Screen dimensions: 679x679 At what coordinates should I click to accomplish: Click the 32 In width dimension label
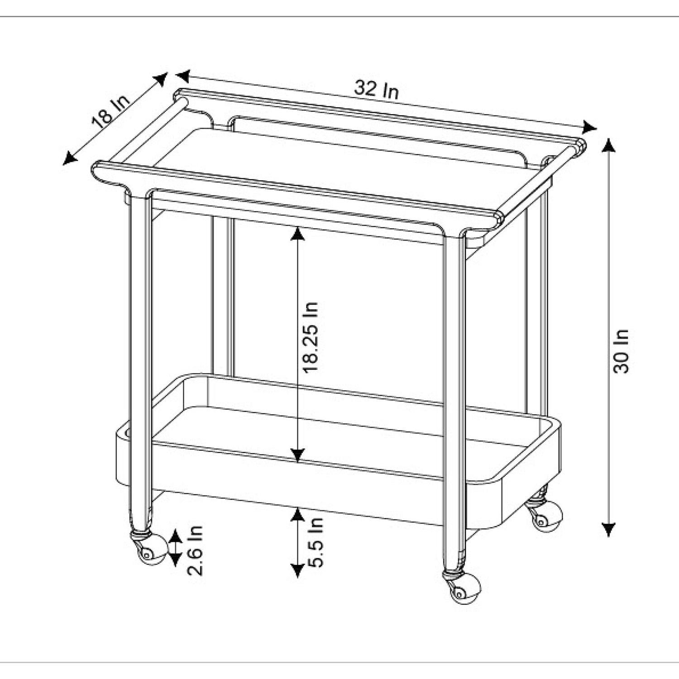[x=376, y=89]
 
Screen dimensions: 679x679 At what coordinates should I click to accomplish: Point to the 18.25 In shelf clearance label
[x=311, y=337]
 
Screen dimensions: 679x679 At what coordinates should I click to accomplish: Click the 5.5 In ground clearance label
[x=315, y=542]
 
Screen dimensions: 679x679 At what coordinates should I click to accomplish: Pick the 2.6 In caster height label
[x=195, y=550]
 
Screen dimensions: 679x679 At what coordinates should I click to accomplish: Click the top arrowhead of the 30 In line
[x=609, y=146]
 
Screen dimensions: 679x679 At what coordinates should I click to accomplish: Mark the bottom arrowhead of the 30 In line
[x=609, y=530]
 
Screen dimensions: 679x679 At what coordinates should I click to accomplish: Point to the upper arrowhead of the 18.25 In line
[x=297, y=234]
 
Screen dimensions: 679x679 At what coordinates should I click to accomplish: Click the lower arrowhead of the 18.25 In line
[x=297, y=454]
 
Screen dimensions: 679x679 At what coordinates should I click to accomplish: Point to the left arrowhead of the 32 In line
[x=183, y=75]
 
